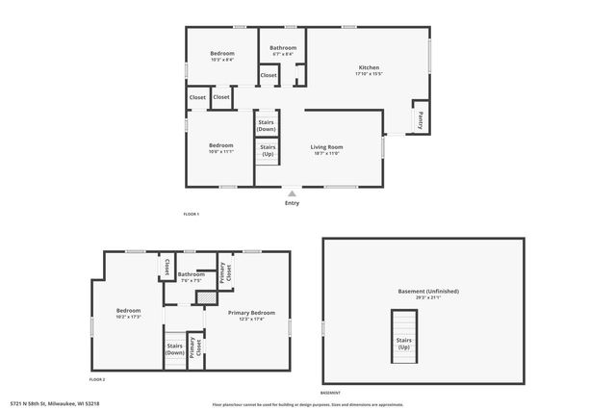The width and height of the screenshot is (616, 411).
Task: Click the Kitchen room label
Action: tap(369, 67)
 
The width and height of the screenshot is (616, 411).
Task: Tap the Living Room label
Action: tap(326, 146)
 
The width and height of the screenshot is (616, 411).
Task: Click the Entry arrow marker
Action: tap(292, 193)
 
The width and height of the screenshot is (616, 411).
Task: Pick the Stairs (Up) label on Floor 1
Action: tap(268, 150)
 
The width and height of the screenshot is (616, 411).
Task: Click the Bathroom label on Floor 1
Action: tap(283, 47)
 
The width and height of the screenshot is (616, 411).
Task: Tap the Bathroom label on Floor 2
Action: tap(191, 274)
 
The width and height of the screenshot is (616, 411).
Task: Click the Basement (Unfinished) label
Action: tap(428, 291)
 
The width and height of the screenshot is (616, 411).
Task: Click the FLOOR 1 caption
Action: tap(191, 214)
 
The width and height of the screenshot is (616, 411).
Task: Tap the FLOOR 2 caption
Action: tap(97, 379)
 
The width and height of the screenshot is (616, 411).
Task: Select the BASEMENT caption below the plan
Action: tap(330, 393)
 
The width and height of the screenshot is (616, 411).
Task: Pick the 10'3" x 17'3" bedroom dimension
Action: tap(129, 317)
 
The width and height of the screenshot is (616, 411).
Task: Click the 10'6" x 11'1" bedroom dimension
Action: tap(221, 151)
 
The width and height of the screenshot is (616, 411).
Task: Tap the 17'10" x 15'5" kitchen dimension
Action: tap(369, 74)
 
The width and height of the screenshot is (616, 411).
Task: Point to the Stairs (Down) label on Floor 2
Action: tap(174, 348)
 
